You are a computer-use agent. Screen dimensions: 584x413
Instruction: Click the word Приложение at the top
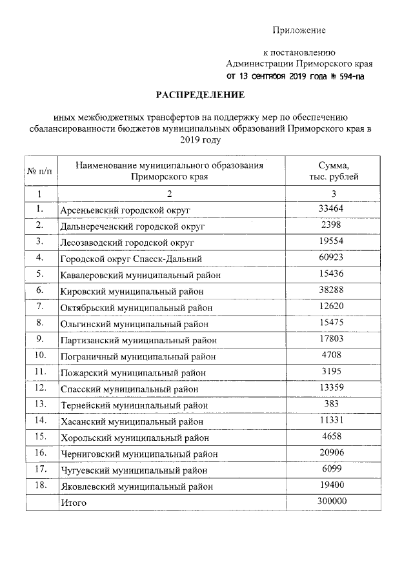pos(299,30)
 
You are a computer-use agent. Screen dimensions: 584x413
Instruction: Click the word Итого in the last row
pos(73,502)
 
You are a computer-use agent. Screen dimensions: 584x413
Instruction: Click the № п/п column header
pos(39,172)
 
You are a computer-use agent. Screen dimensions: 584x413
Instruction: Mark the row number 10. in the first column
pos(40,355)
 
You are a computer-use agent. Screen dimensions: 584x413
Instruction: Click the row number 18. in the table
pos(40,485)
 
